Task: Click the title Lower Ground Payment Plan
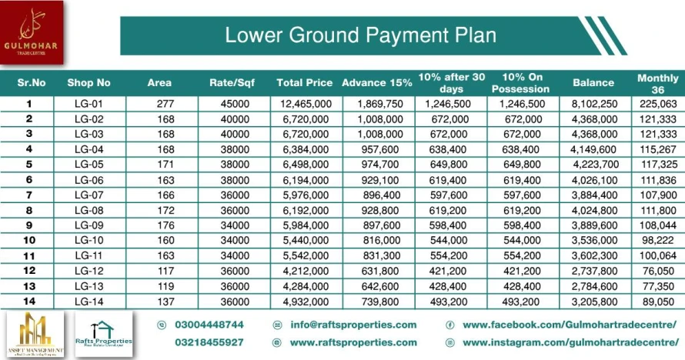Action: tap(359, 35)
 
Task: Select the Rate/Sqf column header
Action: tap(232, 82)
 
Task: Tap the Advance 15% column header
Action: tap(376, 82)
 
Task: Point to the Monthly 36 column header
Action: tap(657, 82)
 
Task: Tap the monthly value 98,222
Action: tap(657, 240)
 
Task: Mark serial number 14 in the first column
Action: tap(28, 300)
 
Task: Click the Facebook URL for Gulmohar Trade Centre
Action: tap(569, 325)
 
